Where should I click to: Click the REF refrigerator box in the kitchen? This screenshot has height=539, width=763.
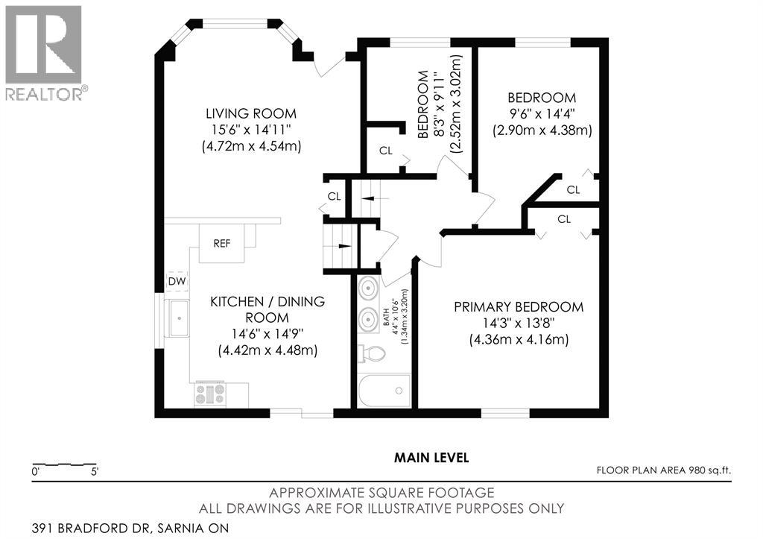pos(221,244)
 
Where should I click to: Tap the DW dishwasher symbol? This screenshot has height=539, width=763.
pos(176,281)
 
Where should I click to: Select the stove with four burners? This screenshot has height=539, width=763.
pos(210,394)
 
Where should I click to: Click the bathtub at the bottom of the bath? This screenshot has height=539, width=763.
pos(384,391)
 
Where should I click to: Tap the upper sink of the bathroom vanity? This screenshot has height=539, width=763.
pos(367,288)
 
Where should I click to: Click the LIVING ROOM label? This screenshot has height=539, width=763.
pos(251,113)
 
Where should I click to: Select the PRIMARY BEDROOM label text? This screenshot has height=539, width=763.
pos(519,306)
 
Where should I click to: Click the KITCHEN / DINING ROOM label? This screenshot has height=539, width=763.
pos(267,309)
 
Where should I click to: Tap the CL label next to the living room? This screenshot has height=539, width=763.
pos(335,196)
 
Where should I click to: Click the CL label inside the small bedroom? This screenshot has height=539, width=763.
pos(385,151)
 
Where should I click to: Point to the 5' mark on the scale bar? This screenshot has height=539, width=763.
pos(93,472)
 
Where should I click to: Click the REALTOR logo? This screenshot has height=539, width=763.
pos(44,53)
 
